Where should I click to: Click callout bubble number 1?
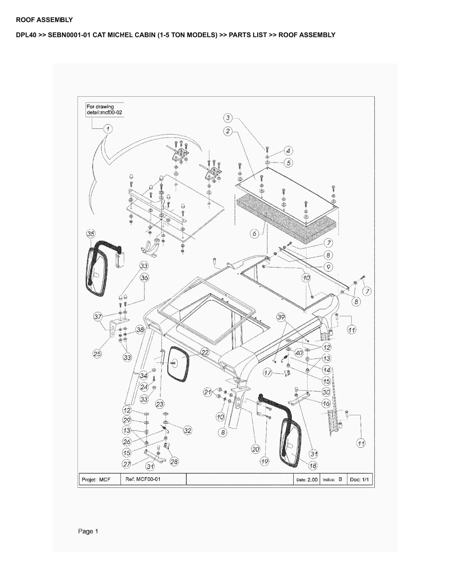tap(108, 129)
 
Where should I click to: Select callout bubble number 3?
tap(228, 118)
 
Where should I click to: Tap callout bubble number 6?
tap(254, 234)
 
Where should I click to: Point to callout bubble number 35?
tap(91, 234)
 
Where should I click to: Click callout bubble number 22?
tap(205, 352)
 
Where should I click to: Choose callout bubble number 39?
tap(281, 317)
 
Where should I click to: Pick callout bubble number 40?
tap(299, 353)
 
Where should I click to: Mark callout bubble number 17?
tap(268, 373)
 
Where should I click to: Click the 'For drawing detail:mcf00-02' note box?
tap(104, 109)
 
